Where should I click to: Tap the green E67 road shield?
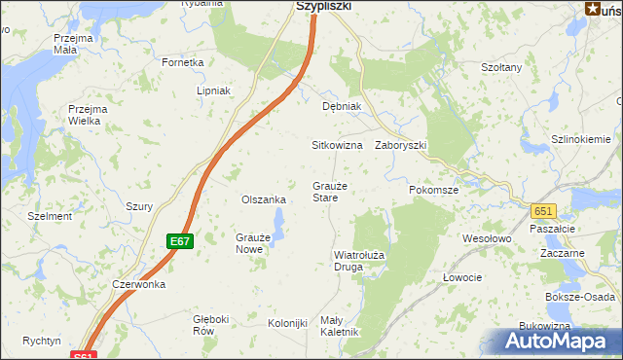pos(178,241)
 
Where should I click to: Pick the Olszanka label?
pos(263,199)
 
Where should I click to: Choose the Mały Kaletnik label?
pos(341,326)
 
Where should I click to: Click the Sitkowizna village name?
pos(336,145)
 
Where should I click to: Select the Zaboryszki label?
pos(400,145)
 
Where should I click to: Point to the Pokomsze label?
pos(433,190)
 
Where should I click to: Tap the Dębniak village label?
pos(342,106)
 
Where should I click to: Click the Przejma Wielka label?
pos(87,115)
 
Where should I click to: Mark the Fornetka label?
pos(183,62)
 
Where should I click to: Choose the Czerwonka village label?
pos(138,285)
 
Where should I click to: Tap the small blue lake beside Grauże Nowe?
pos(277,231)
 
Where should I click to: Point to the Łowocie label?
pos(462,277)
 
